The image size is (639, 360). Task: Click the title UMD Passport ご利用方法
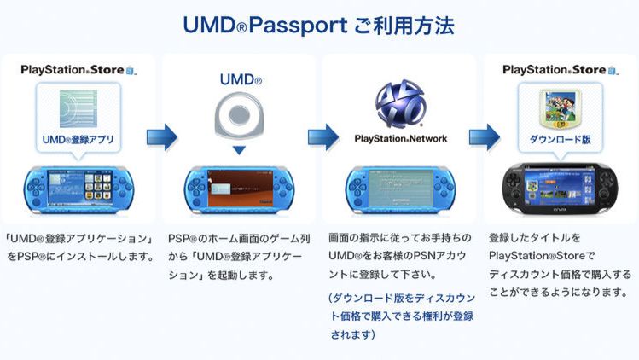pos(319,24)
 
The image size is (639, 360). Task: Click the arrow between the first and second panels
pos(161,136)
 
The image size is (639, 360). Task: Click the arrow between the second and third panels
pos(322,136)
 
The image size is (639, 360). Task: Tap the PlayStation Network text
pos(399,137)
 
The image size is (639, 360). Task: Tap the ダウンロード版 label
pos(560,137)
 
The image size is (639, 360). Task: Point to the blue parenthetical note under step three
pos(398,316)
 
